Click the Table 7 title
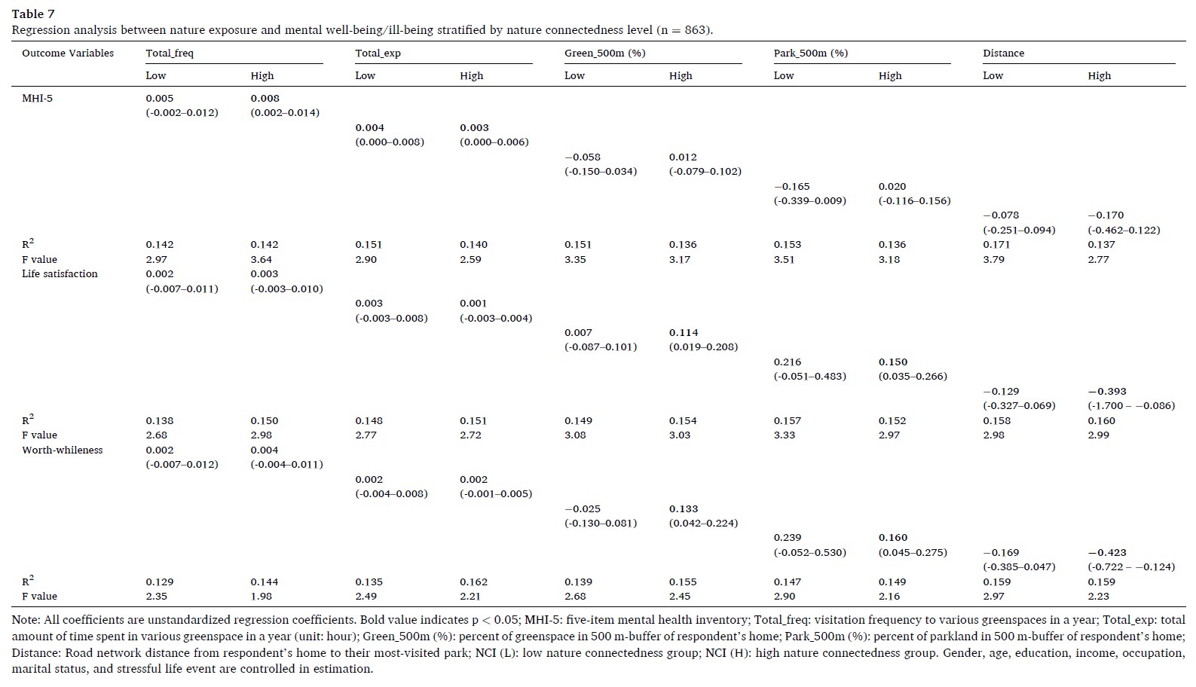pyautogui.click(x=33, y=14)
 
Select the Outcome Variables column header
pyautogui.click(x=68, y=53)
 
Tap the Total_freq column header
pyautogui.click(x=170, y=53)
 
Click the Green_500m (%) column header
pyautogui.click(x=604, y=53)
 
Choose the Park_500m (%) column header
pyautogui.click(x=810, y=53)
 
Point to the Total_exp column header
pyautogui.click(x=378, y=53)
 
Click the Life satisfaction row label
pyautogui.click(x=60, y=274)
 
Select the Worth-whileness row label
pyautogui.click(x=62, y=450)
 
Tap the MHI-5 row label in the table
pyautogui.click(x=37, y=99)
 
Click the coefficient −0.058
pyautogui.click(x=583, y=157)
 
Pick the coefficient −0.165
pyautogui.click(x=792, y=187)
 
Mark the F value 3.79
pyautogui.click(x=993, y=260)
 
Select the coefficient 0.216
pyautogui.click(x=788, y=362)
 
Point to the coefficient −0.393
pyautogui.click(x=1106, y=392)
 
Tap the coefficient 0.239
pyautogui.click(x=788, y=538)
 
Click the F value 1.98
pyautogui.click(x=262, y=597)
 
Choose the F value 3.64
pyautogui.click(x=262, y=260)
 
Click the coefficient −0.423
pyautogui.click(x=1106, y=553)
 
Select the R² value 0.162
pyautogui.click(x=473, y=582)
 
